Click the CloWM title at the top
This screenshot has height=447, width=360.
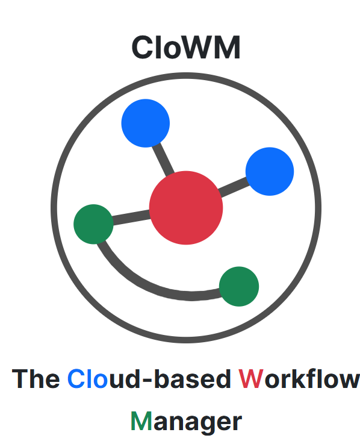[x=186, y=48]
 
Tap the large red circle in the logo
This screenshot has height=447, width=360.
[x=186, y=208]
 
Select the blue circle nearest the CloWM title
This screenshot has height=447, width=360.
[x=146, y=123]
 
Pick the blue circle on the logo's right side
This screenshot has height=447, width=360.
[x=270, y=172]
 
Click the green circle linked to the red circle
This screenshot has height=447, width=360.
[x=93, y=224]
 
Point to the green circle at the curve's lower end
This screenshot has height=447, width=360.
[x=239, y=287]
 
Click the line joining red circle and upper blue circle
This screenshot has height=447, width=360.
[x=163, y=159]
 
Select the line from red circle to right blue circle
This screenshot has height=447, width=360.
[x=234, y=187]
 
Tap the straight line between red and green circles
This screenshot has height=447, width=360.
[x=131, y=217]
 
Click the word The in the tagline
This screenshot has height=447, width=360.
[x=36, y=379]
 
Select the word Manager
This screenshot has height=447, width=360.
[x=186, y=422]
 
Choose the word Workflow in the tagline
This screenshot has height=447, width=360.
[x=299, y=378]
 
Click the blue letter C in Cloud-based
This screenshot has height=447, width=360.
[x=76, y=379]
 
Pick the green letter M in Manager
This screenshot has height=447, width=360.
[x=141, y=421]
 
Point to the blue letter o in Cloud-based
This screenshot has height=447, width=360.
[x=101, y=381]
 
